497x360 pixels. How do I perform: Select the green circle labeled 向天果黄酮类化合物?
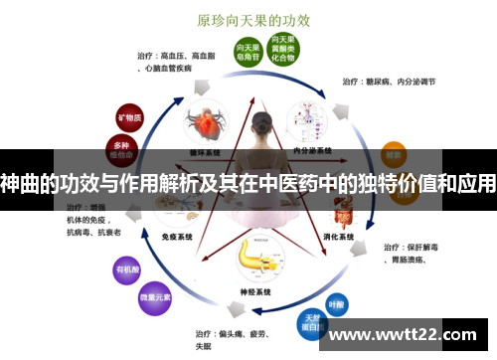pyautogui.click(x=283, y=46)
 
